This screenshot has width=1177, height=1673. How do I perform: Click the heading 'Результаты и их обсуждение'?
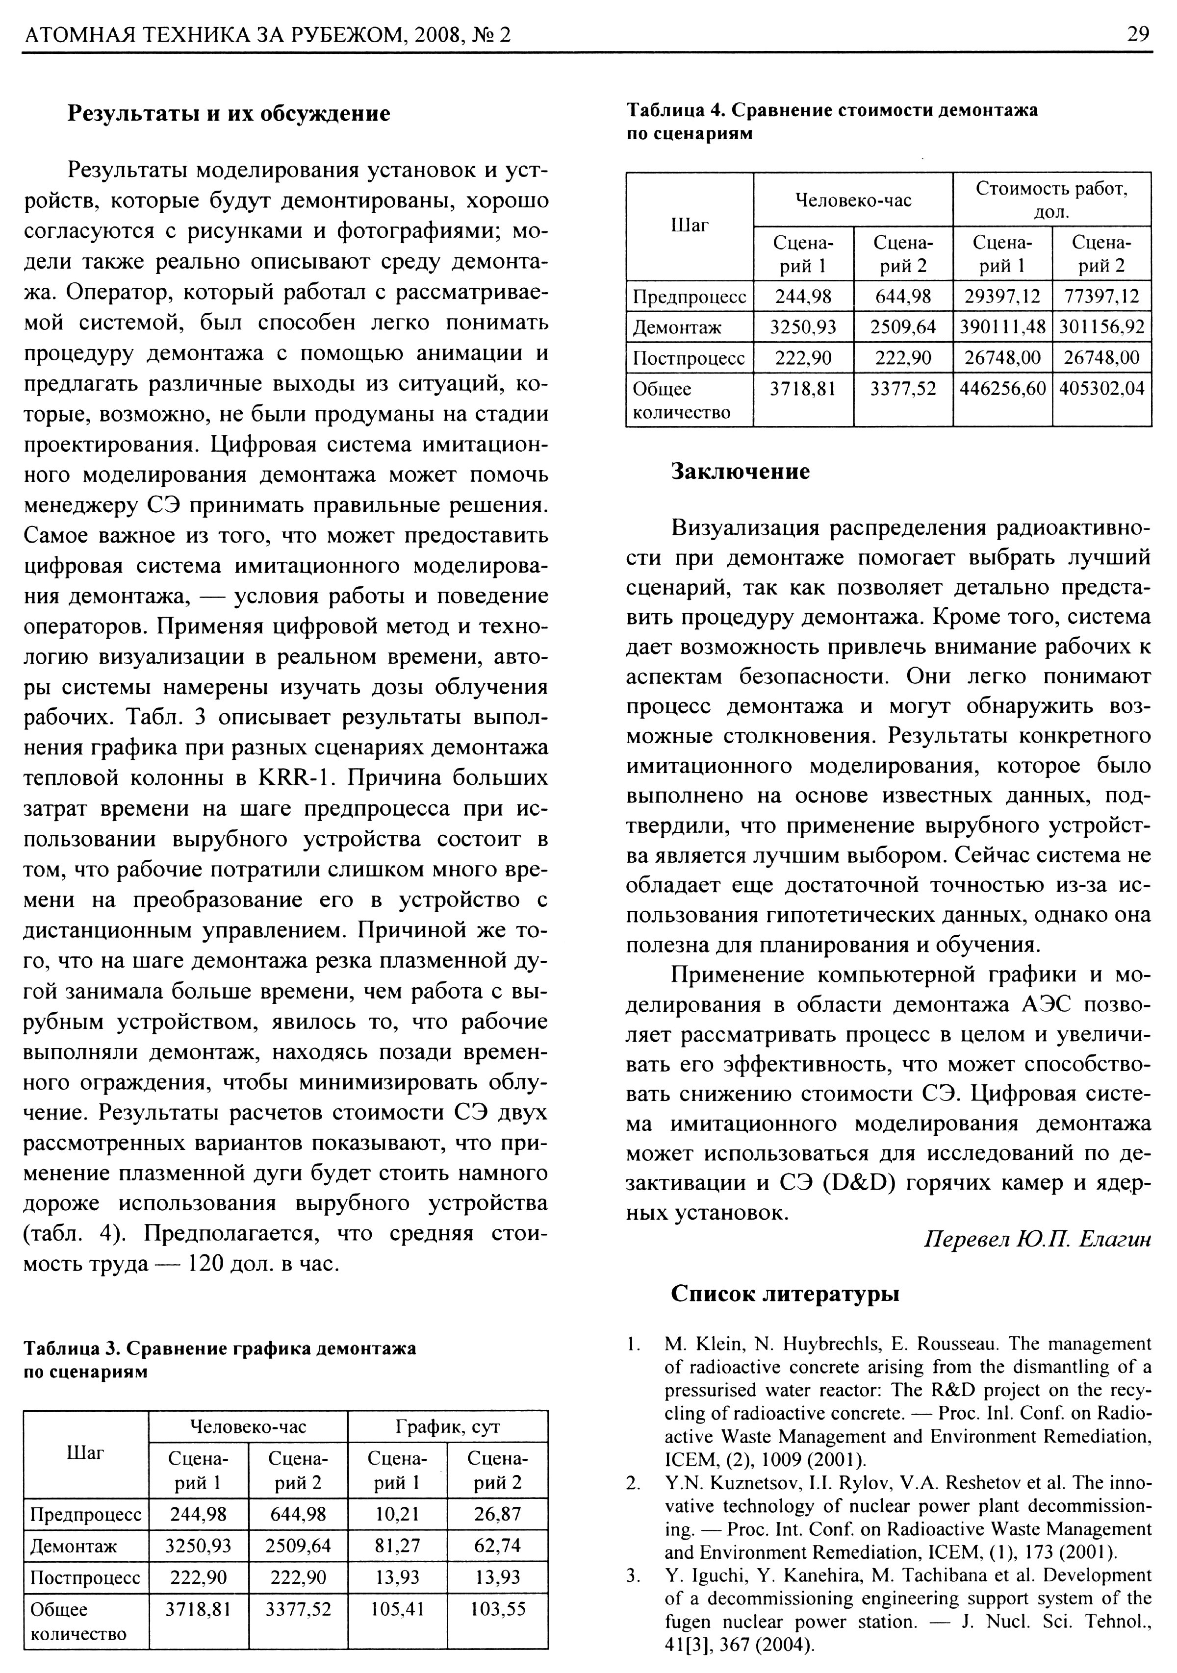[229, 114]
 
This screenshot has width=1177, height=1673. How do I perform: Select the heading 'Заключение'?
[740, 472]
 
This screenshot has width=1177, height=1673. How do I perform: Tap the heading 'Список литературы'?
[785, 1294]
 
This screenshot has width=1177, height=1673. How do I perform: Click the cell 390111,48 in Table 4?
[1002, 327]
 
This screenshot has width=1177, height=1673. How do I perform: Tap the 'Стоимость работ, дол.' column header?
[1051, 200]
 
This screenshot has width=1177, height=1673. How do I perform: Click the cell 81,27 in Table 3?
[397, 1546]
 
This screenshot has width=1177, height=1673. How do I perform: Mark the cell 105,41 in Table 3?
[397, 1608]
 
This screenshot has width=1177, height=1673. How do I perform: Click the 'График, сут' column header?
[447, 1426]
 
